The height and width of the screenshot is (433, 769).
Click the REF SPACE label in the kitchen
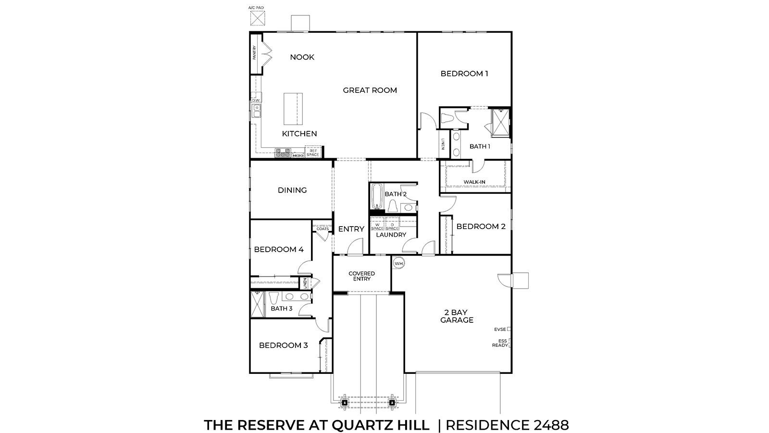[312, 153]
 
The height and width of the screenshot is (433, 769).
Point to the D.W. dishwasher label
[255, 101]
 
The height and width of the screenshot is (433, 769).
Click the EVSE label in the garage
[500, 330]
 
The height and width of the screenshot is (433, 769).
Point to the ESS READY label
[500, 343]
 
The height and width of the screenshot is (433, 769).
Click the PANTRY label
[254, 53]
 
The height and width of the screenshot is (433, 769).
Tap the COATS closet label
[322, 229]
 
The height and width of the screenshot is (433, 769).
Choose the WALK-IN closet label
[474, 182]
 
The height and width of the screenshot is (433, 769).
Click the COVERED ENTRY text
[361, 276]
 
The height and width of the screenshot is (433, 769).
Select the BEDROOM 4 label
[279, 249]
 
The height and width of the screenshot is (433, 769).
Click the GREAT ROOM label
[370, 90]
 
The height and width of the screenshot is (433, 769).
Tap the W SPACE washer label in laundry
[377, 227]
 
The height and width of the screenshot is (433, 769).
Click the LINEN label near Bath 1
[443, 144]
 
